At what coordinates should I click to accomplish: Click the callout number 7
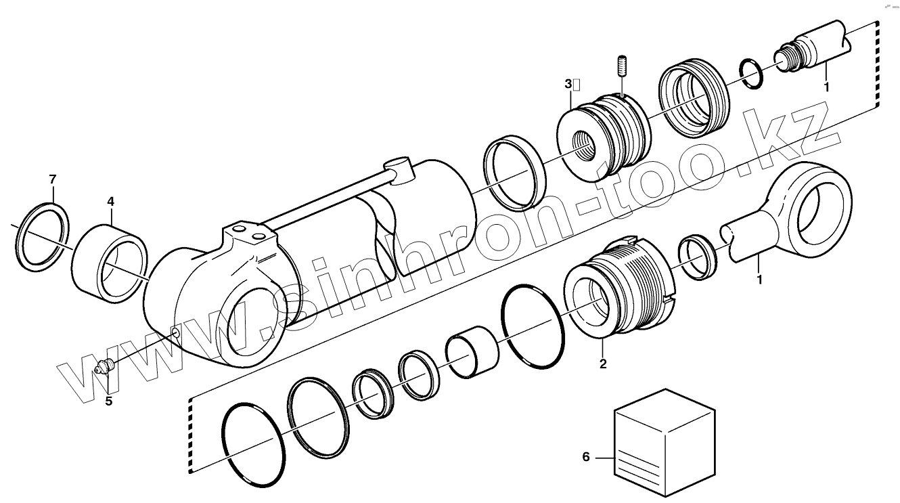52,179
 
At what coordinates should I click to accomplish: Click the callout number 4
110,201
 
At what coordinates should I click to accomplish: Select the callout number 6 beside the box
586,458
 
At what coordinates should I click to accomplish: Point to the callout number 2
602,364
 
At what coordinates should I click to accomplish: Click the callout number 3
568,84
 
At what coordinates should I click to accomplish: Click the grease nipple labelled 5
104,368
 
